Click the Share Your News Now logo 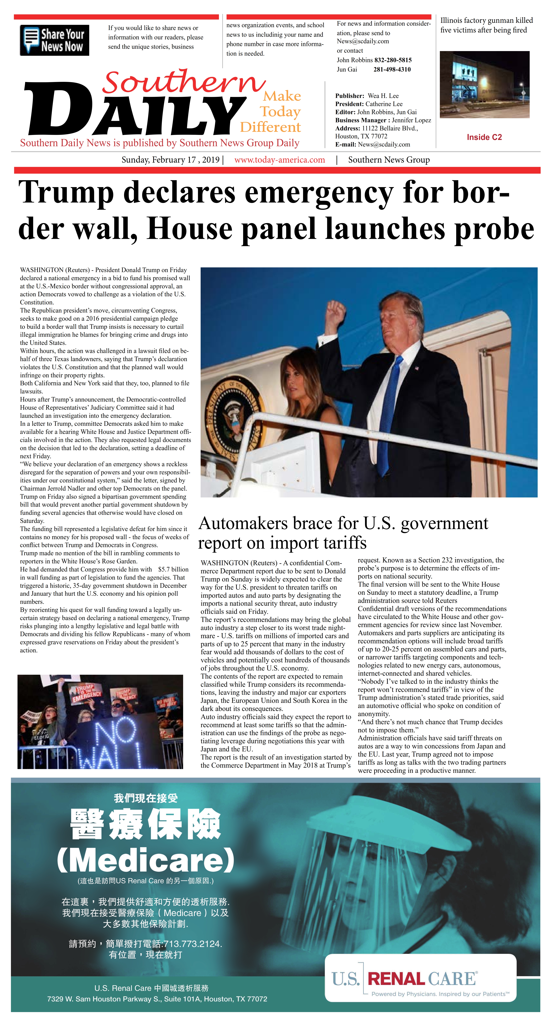pyautogui.click(x=54, y=40)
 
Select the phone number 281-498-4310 pyautogui.click(x=392, y=70)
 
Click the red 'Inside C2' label pyautogui.click(x=484, y=137)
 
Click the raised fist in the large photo pyautogui.click(x=335, y=312)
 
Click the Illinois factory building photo pyautogui.click(x=484, y=84)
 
